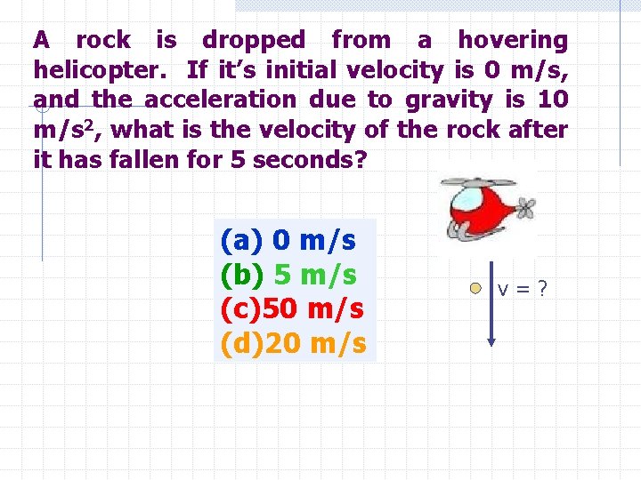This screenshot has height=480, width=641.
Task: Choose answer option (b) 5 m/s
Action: point(288,275)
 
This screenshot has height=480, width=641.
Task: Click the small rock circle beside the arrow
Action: point(476,288)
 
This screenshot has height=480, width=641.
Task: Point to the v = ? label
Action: point(523,289)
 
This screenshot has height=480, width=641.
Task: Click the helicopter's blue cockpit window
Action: point(465,198)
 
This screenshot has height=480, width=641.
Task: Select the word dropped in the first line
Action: point(253,40)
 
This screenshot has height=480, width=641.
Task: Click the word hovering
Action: point(512,40)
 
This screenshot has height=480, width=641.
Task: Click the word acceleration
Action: point(220,100)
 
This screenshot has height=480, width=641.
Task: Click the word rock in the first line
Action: point(103,40)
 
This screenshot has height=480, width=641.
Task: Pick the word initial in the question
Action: point(297,69)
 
